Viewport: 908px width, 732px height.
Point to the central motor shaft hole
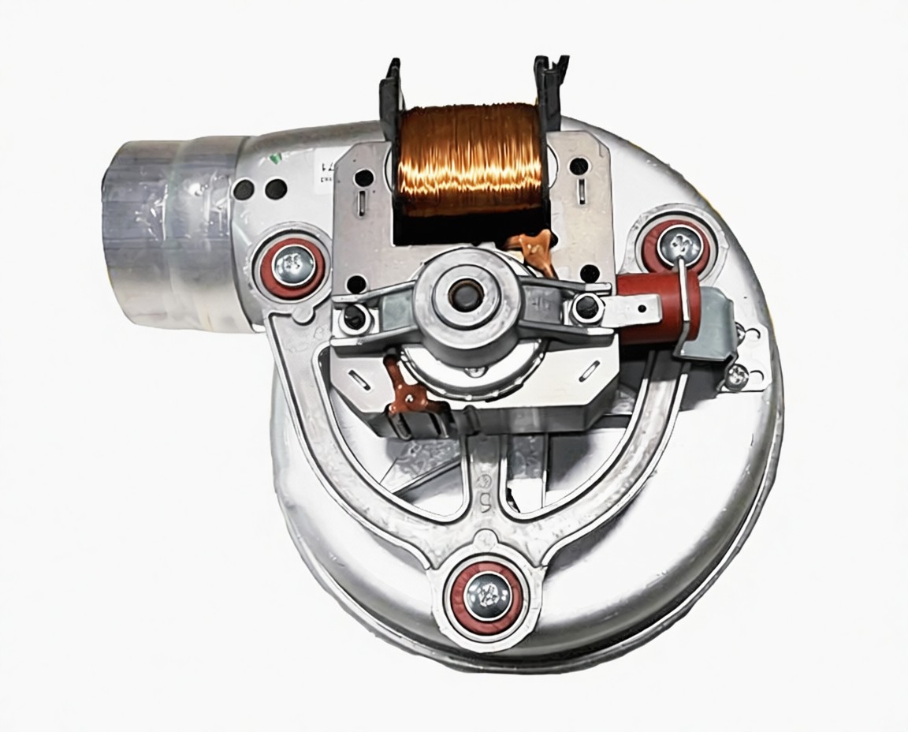tap(459, 295)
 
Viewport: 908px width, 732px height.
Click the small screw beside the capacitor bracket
tap(735, 376)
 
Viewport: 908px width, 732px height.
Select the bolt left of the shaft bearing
tap(355, 317)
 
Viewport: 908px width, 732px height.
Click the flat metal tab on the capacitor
tap(634, 309)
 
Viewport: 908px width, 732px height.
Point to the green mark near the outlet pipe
tap(274, 158)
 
